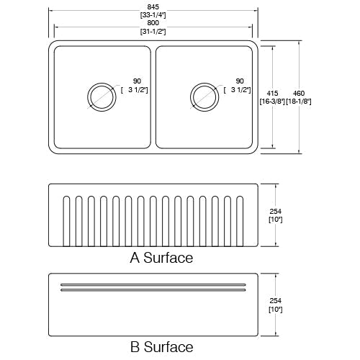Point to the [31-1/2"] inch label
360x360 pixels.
click(153, 32)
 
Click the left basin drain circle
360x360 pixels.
click(100, 95)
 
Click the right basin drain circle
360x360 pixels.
click(203, 95)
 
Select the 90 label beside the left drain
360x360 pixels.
click(137, 81)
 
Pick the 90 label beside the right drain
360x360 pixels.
click(240, 81)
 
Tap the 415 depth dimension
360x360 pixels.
click(271, 93)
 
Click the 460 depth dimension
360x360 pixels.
click(297, 93)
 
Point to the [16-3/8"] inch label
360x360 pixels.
click(271, 101)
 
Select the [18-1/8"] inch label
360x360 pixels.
click(297, 101)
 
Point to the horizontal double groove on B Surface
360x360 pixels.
click(153, 288)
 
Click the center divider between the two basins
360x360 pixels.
click(153, 96)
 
